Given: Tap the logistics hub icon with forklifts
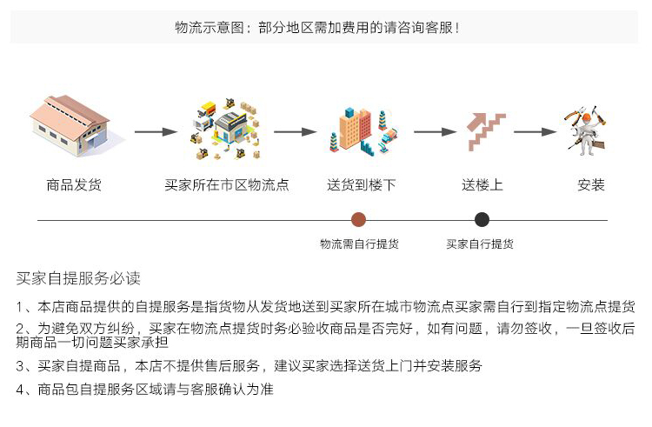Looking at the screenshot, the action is pos(226,130).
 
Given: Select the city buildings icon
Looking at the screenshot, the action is pos(364,131).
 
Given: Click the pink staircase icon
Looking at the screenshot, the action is pos(486,131).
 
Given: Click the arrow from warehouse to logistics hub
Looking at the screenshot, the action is pos(156,132).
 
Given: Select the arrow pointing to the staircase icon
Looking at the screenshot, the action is pos(435,132).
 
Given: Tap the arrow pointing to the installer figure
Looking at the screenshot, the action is pos(536,132).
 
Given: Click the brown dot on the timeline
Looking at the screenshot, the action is pos(358,219).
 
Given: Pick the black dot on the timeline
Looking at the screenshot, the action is pos(482,219).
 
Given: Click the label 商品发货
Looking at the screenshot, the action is pos(74,184).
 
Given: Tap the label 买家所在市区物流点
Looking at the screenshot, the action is pos(227,184).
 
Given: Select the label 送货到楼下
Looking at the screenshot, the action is pos(361,184).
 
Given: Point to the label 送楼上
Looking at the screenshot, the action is pos(482,184).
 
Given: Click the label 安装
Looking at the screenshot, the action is pos(591,184).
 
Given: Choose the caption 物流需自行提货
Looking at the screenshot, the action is pos(359,244).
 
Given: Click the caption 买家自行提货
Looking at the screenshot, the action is pos(480,244).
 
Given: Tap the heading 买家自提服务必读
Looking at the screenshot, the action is pos(78,278).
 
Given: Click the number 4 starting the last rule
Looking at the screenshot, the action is pos(20,390).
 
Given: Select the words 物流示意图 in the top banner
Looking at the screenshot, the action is pos(210,28).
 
